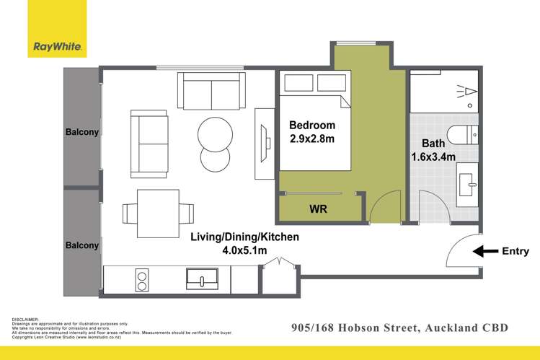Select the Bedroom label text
pyautogui.click(x=312, y=125)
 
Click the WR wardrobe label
pyautogui.click(x=319, y=210)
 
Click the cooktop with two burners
pyautogui.click(x=142, y=278)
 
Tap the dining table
pyautogui.click(x=158, y=213)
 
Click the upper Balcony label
pyautogui.click(x=82, y=132)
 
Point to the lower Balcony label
pyautogui.click(x=82, y=245)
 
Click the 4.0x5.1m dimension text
pyautogui.click(x=244, y=250)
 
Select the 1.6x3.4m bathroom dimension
pyautogui.click(x=432, y=156)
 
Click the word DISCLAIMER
pyautogui.click(x=26, y=319)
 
